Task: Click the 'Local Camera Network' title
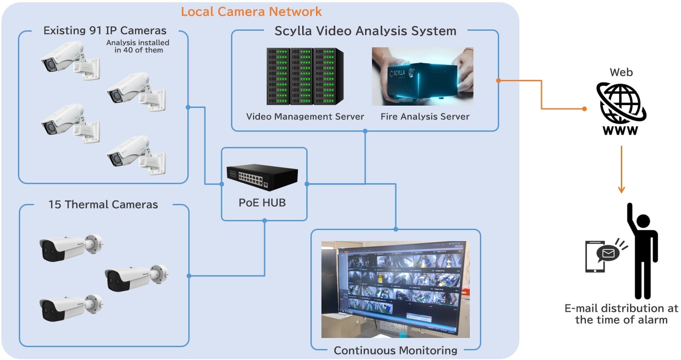pos(251,11)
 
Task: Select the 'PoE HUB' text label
pos(262,202)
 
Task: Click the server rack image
pos(305,76)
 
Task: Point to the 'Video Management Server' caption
pos(305,117)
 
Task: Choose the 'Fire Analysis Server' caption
pos(425,117)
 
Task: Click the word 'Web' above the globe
pos(621,72)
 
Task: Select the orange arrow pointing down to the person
pos(621,170)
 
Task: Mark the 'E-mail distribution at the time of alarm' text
pos(621,314)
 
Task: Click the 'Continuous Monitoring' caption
pos(395,351)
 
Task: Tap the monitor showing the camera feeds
pos(399,288)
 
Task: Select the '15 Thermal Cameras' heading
pos(103,204)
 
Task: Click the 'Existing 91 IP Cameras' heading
pos(105,31)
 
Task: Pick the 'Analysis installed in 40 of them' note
pos(137,46)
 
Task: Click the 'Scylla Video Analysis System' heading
pos(365,31)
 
